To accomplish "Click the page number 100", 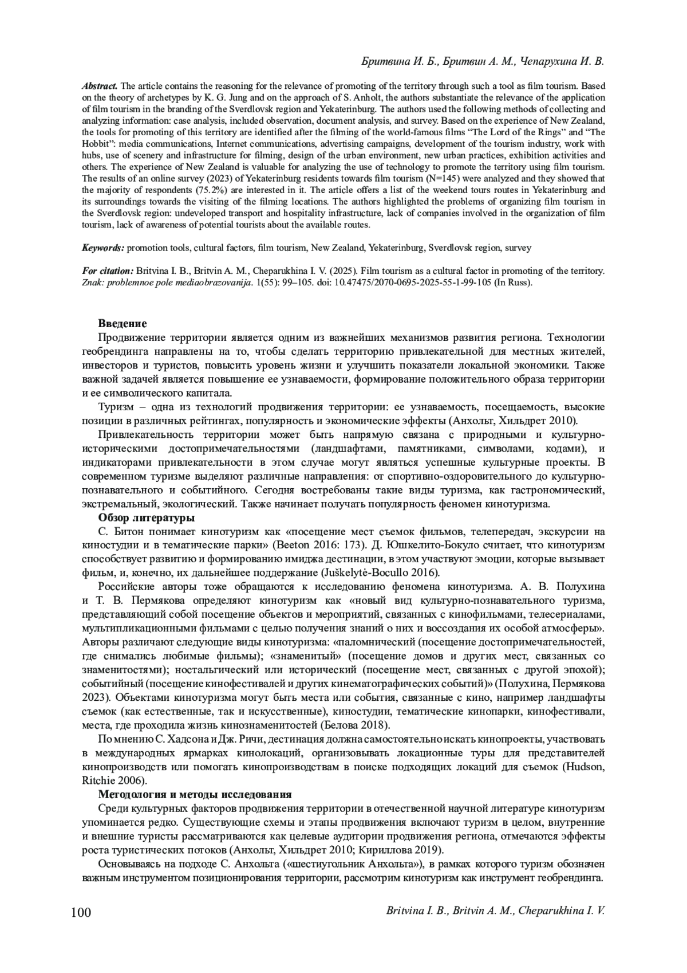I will click(x=81, y=912).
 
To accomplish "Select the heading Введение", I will click(x=123, y=324).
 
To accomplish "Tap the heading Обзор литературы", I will click(x=147, y=519).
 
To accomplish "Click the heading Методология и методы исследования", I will click(x=195, y=794).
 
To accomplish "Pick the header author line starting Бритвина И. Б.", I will click(x=483, y=61).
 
